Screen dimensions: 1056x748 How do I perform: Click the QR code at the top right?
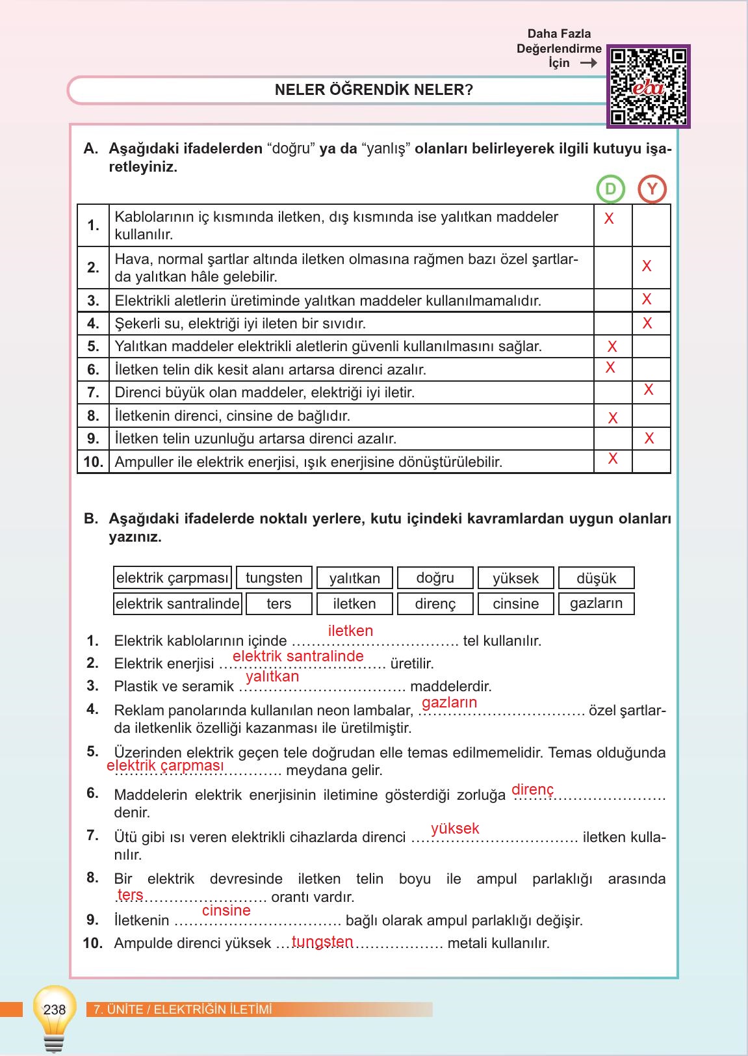[x=649, y=86]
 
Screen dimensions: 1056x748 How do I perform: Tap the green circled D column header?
[x=610, y=189]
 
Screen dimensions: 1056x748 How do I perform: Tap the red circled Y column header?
[x=652, y=189]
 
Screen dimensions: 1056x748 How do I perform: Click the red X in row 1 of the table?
[x=609, y=219]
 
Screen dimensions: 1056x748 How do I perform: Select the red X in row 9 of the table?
[x=649, y=439]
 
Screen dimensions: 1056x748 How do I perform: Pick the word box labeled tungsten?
[x=274, y=578]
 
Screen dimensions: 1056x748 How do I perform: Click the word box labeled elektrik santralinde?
[x=177, y=603]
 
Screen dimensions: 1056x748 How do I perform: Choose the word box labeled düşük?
[x=596, y=578]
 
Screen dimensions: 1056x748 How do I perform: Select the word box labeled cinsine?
[x=515, y=603]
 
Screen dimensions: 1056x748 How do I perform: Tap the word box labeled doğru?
[x=435, y=578]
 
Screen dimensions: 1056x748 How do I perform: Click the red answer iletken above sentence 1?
[x=350, y=631]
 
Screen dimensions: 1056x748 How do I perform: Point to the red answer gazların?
[x=449, y=702]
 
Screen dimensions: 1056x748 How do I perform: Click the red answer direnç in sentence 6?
[x=532, y=789]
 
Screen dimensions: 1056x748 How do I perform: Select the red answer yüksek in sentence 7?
[x=455, y=828]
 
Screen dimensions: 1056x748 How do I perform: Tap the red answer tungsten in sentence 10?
[x=322, y=942]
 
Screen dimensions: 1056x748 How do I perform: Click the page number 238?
[x=55, y=1009]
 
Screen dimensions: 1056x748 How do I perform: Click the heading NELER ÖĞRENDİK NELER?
[x=374, y=90]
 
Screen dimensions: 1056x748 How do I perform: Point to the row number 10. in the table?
[x=93, y=462]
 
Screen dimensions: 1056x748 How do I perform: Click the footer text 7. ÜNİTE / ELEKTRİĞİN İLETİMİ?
[x=183, y=1010]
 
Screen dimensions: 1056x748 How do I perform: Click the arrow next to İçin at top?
[x=588, y=63]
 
